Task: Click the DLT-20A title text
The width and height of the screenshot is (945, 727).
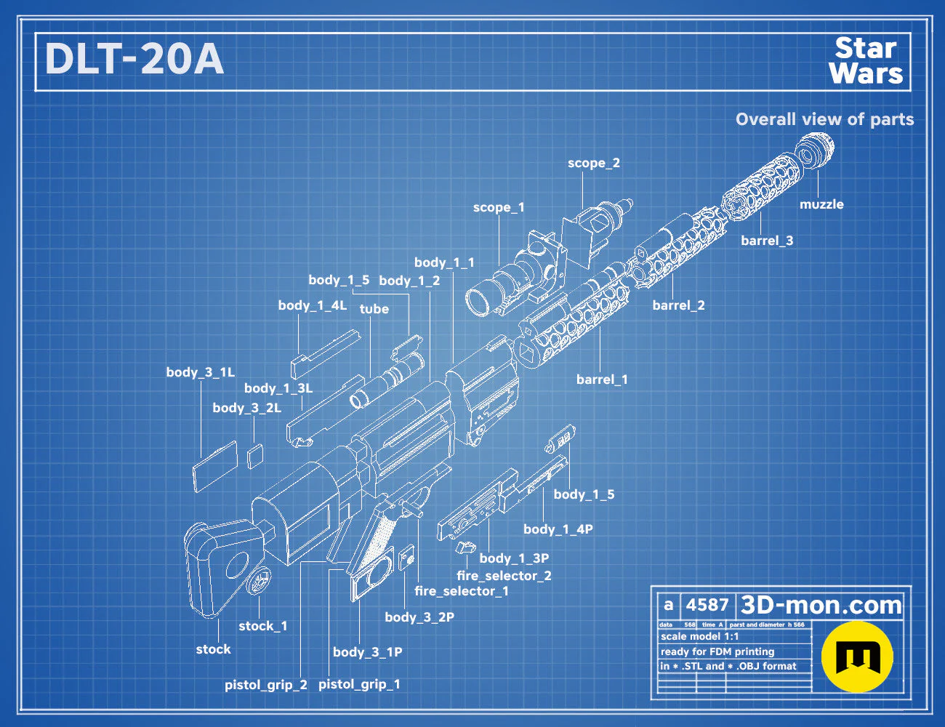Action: [134, 59]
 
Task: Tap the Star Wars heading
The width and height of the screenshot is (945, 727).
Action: [866, 60]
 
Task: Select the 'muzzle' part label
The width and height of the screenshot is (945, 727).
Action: [821, 204]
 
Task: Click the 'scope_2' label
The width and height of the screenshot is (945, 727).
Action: [594, 163]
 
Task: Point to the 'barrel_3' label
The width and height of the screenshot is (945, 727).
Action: [767, 241]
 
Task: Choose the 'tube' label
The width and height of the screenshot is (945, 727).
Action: [374, 309]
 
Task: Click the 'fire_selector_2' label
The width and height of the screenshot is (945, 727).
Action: [504, 576]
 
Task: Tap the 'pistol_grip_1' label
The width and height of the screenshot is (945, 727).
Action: [359, 684]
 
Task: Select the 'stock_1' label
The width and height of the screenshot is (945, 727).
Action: [262, 626]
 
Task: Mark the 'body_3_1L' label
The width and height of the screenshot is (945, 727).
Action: [201, 372]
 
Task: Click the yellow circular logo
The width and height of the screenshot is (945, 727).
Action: [857, 656]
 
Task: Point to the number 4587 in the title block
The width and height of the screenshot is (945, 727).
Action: [707, 605]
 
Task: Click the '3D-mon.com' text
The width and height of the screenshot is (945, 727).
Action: [821, 605]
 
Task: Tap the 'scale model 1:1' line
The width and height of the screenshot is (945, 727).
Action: [700, 637]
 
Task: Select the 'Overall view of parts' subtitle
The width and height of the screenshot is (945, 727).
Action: [824, 119]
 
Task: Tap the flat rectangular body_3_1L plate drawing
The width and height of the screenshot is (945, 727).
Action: [215, 467]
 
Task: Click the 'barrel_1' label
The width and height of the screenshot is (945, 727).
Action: [602, 379]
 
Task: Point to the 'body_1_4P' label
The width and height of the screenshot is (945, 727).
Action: [558, 529]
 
